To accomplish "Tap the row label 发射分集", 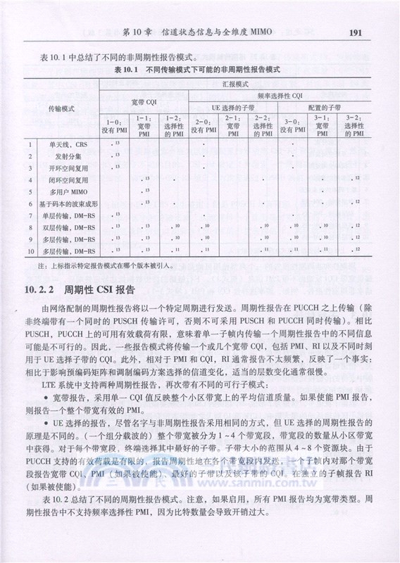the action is point(67,157).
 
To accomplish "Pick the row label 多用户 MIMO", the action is point(68,192).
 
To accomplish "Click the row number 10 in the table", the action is point(31,251).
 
